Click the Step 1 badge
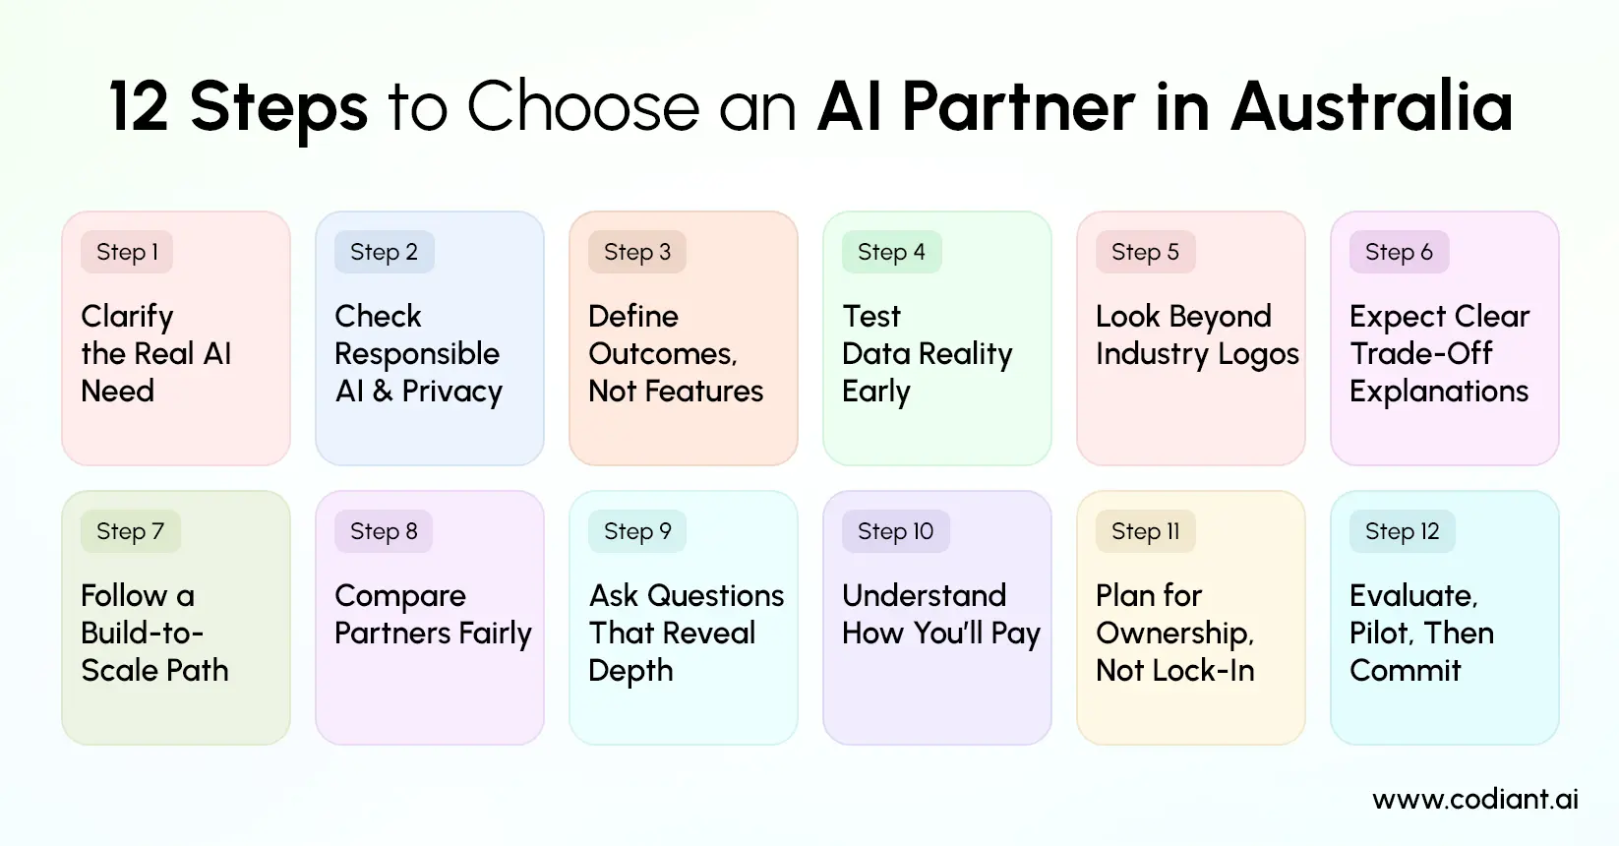pyautogui.click(x=127, y=252)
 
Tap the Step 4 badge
pyautogui.click(x=891, y=252)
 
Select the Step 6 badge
pyautogui.click(x=1399, y=252)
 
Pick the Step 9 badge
pyautogui.click(x=637, y=531)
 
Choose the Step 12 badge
pyautogui.click(x=1402, y=531)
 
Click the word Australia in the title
pyautogui.click(x=1371, y=106)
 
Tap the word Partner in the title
pyautogui.click(x=1018, y=106)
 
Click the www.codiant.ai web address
pyautogui.click(x=1474, y=799)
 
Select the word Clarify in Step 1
pyautogui.click(x=127, y=317)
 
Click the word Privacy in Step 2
pyautogui.click(x=451, y=392)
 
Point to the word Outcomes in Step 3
pyautogui.click(x=662, y=354)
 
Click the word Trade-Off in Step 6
pyautogui.click(x=1420, y=354)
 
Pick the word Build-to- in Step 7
pyautogui.click(x=142, y=634)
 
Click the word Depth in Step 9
pyautogui.click(x=630, y=671)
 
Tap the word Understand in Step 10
pyautogui.click(x=924, y=596)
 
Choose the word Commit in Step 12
pyautogui.click(x=1405, y=671)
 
